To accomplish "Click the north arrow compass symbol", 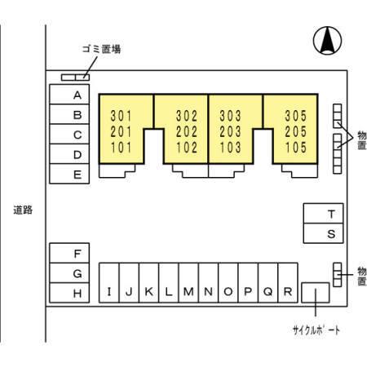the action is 327,41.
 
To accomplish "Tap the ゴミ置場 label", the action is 102,49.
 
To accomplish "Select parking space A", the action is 69,95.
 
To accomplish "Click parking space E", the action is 69,174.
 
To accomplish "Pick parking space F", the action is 69,253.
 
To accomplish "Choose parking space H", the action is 69,293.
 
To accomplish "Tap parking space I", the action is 109,283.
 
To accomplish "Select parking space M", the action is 188,283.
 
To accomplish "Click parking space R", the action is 288,283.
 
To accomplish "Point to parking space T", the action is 323,214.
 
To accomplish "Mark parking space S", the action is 323,233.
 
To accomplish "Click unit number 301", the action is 121,116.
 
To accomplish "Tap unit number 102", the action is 187,148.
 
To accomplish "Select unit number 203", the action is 230,132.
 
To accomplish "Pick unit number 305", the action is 296,116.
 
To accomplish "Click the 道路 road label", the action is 23,210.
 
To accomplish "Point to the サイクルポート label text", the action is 316,330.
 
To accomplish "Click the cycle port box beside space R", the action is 316,293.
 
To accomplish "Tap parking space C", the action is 69,134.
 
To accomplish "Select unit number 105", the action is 296,148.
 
